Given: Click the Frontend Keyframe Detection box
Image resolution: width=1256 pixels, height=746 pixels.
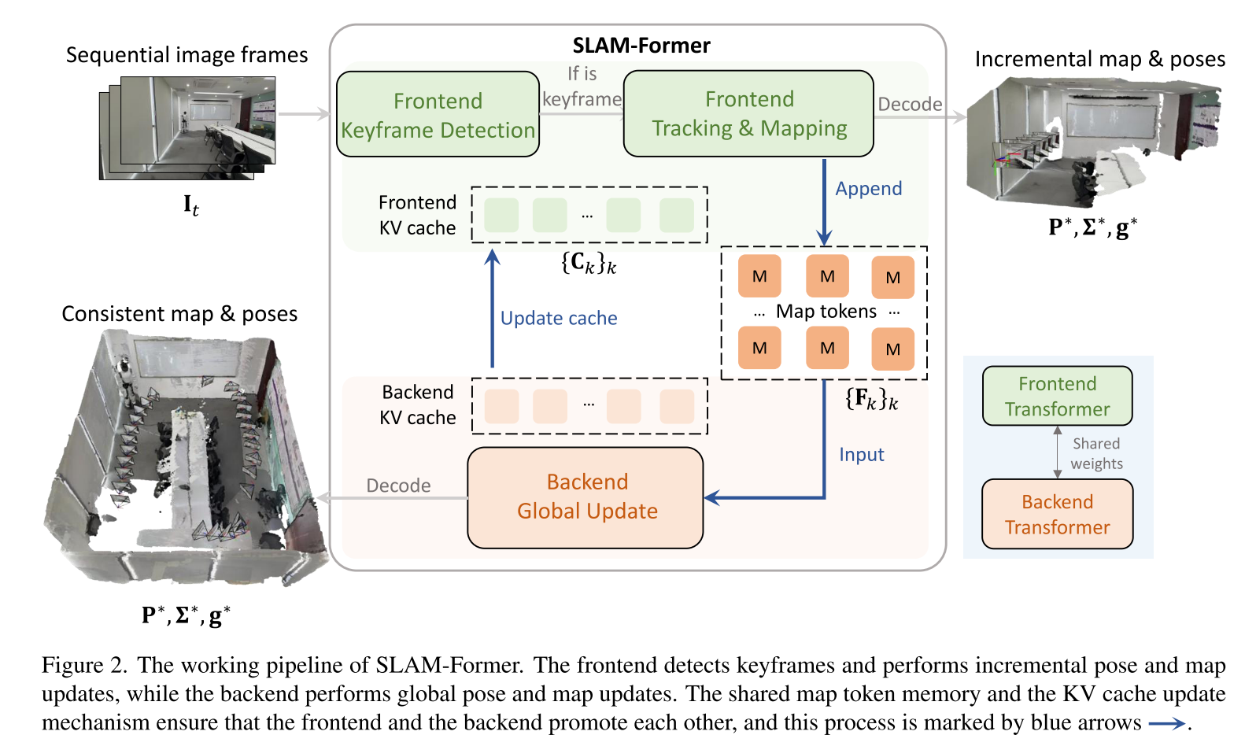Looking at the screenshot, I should pos(438,115).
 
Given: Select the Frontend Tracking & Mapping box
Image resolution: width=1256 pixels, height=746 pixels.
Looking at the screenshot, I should pos(748,114).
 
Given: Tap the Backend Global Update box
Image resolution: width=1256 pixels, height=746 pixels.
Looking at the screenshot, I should pos(586,497).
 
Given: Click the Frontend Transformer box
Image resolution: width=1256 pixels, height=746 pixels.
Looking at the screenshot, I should pos(1057,397).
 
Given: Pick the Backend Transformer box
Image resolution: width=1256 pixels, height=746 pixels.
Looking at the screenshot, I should pos(1057,515).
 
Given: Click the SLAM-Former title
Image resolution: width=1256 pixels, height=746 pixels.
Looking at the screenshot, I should pos(641,46).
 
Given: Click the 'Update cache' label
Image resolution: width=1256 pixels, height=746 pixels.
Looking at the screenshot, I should pos(559,318).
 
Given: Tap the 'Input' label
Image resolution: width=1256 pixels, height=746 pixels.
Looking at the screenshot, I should pos(861,455).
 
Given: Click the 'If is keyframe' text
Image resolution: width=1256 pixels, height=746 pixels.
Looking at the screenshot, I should pos(582,87).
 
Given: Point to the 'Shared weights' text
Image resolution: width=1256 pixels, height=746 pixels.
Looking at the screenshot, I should pos(1096,453).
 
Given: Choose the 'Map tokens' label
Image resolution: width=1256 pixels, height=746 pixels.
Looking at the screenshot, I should pos(826,312).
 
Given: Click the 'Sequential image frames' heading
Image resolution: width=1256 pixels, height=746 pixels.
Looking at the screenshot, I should pos(187,55).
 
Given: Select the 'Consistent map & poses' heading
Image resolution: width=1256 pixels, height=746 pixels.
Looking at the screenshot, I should pos(179,314).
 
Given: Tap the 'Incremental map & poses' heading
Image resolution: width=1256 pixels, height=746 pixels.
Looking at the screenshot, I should pos(1099,59).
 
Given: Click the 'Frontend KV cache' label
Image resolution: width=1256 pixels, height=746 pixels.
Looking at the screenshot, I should pos(417,215).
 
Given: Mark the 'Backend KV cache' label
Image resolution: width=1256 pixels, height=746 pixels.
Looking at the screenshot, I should pos(417,404).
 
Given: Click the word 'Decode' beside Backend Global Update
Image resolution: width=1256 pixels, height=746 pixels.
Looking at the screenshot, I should pos(398,486).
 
